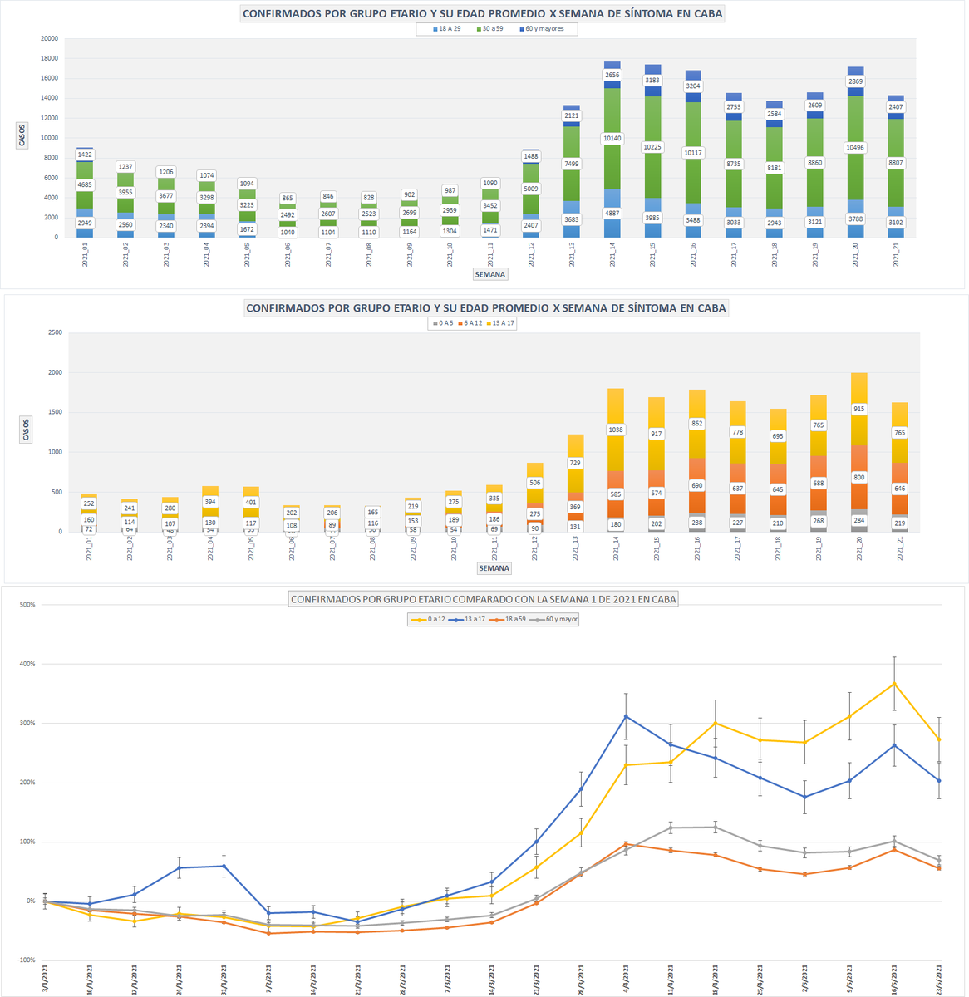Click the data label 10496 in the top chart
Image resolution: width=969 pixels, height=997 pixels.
[855, 149]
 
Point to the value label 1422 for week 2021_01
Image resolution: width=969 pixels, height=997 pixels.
[84, 155]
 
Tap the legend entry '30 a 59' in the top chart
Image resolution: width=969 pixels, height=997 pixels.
[490, 29]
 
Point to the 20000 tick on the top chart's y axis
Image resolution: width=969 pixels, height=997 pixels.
[49, 38]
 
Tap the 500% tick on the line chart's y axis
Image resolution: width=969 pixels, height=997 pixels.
[27, 605]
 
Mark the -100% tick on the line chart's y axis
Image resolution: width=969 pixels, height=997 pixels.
[26, 960]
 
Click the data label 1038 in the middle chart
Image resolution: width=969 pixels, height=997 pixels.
[615, 430]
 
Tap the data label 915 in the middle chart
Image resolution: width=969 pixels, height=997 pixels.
[858, 409]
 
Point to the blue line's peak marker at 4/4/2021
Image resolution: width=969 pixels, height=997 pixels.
[626, 716]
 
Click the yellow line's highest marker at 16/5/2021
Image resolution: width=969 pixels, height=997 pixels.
[894, 684]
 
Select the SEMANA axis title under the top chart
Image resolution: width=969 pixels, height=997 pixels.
[489, 274]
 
